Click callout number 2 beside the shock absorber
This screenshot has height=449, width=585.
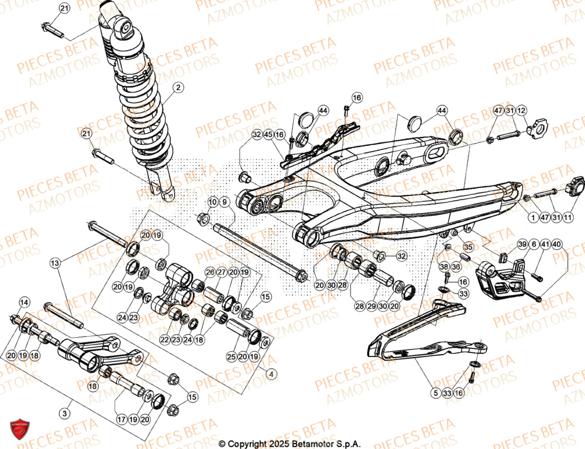coord(178,88)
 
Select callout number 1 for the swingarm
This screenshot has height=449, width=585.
coord(533,218)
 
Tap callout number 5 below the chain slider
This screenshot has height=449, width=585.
coord(435,394)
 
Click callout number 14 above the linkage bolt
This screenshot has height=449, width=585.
coord(24,303)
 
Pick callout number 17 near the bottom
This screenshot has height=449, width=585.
coord(121,419)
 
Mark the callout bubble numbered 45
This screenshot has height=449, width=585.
coord(268,135)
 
